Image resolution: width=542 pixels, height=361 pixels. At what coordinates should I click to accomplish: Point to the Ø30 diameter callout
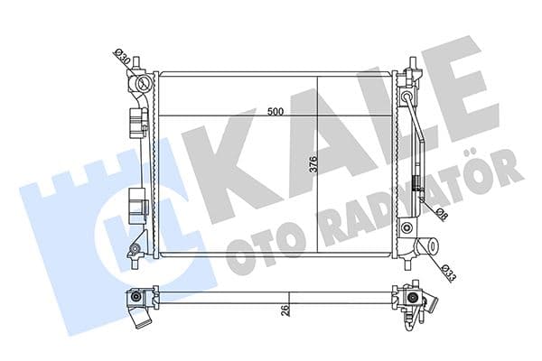click(121, 58)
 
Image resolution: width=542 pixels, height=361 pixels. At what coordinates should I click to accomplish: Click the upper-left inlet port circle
click(141, 85)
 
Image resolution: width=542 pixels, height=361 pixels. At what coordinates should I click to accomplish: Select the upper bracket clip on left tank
click(138, 120)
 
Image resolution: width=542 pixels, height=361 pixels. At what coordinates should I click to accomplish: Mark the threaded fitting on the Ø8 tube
click(416, 188)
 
